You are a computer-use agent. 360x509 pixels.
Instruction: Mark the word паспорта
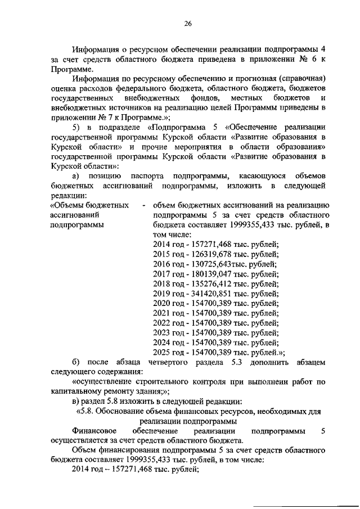(x=145, y=175)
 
